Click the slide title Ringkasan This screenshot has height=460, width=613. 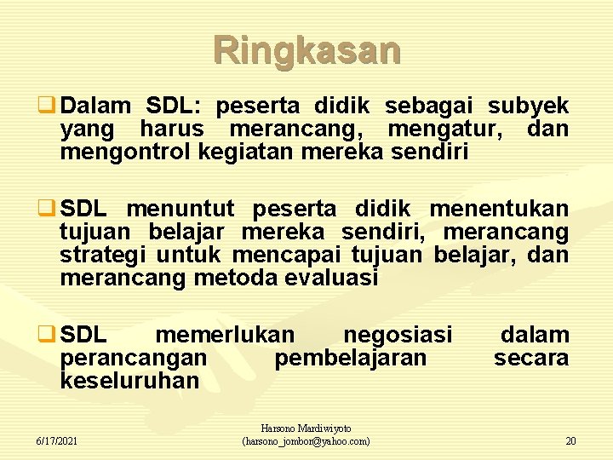tap(306, 50)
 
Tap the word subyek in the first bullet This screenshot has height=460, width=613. tap(528, 106)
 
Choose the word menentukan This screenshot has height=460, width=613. tap(499, 210)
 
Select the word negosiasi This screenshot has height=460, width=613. tap(398, 335)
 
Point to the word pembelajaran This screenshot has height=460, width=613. tap(351, 358)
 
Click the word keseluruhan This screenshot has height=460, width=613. tap(129, 381)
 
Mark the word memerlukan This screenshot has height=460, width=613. tap(226, 335)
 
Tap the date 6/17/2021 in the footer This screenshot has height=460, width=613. tap(57, 441)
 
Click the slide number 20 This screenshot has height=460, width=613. tap(570, 441)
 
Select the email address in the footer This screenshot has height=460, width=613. tap(306, 441)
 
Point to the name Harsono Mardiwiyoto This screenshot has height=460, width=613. tap(306, 428)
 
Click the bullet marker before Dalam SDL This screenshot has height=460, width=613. tap(50, 107)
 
